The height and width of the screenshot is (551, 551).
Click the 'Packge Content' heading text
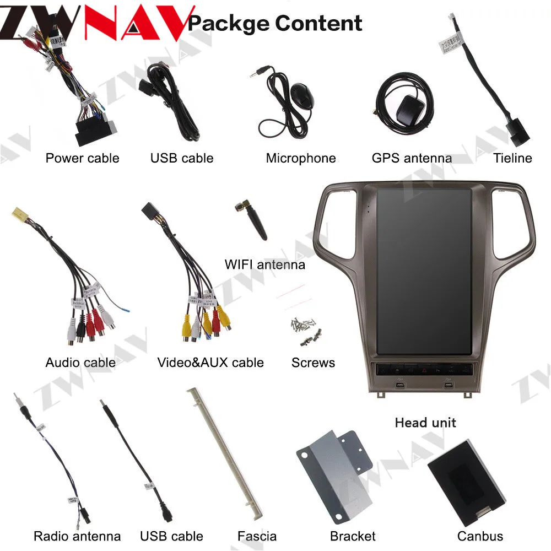pyautogui.click(x=275, y=23)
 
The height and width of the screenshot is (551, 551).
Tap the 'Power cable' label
pyautogui.click(x=82, y=158)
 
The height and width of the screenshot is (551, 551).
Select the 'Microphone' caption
pyautogui.click(x=300, y=158)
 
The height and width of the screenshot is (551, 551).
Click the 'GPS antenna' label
pyautogui.click(x=412, y=158)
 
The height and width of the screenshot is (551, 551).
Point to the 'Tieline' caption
pyautogui.click(x=512, y=158)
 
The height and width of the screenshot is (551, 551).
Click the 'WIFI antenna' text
pyautogui.click(x=264, y=264)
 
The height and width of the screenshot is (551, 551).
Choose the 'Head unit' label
pyautogui.click(x=425, y=423)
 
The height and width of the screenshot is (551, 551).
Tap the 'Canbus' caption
pyautogui.click(x=480, y=536)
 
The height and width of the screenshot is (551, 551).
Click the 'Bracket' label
pyautogui.click(x=353, y=536)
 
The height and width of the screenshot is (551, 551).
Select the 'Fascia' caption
pyautogui.click(x=257, y=536)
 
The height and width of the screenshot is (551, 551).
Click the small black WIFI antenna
pyautogui.click(x=255, y=220)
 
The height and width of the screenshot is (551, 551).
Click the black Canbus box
pyautogui.click(x=466, y=483)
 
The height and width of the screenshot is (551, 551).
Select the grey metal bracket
pyautogui.click(x=331, y=471)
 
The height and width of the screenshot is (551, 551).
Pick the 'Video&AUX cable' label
pyautogui.click(x=210, y=363)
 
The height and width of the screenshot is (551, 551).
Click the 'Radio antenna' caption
pyautogui.click(x=77, y=536)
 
